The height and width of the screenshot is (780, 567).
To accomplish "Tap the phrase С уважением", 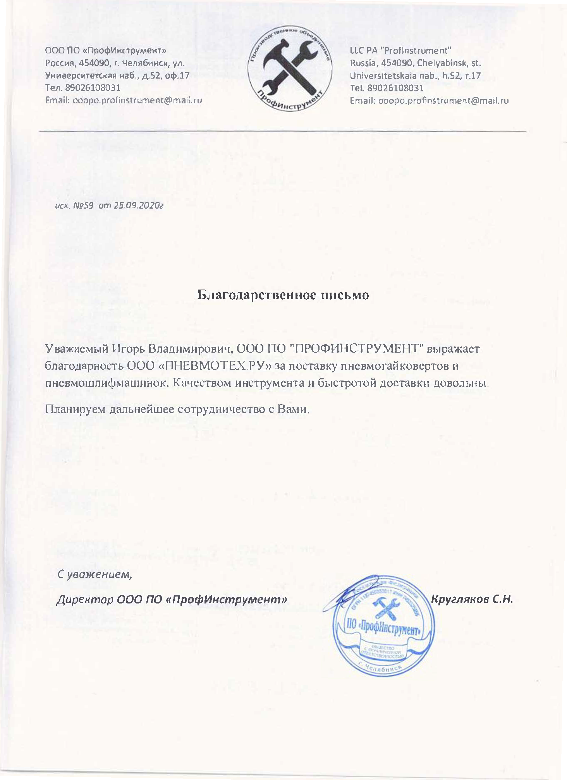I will pyautogui.click(x=95, y=574).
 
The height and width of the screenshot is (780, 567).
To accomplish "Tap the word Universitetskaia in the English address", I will pyautogui.click(x=383, y=76).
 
